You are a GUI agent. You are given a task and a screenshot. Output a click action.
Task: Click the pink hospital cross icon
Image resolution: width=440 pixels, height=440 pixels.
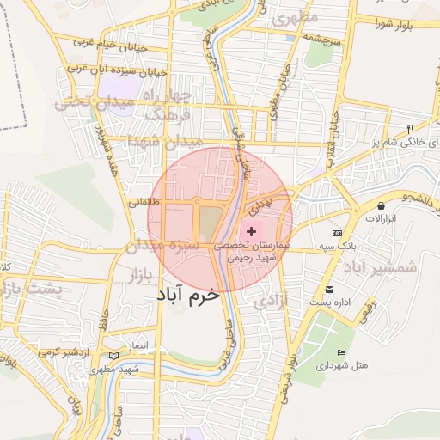point(251,232)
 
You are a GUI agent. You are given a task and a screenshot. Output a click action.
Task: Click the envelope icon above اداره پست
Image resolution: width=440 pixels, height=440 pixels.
point(329,290)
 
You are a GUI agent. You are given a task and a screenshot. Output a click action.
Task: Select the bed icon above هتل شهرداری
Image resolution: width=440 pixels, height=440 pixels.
point(342,353)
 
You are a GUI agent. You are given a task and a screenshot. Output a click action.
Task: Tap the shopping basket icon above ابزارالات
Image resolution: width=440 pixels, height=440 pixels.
point(381,206)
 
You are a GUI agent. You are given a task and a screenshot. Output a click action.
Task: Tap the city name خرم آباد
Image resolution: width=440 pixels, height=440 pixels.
point(188,293)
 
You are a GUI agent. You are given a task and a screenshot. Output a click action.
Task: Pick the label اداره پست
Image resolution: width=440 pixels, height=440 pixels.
point(331,302)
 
